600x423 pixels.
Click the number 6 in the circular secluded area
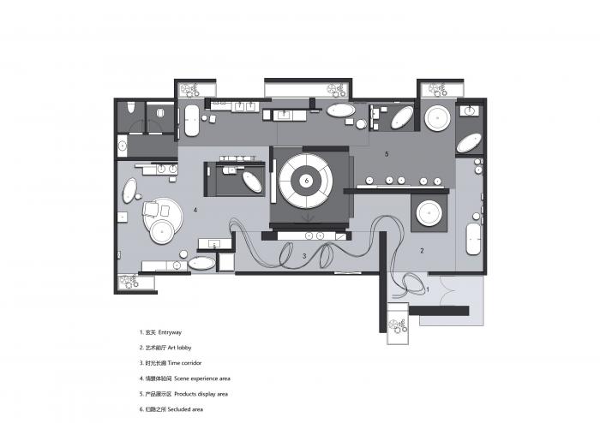(306, 181)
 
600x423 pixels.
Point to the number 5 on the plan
(387, 155)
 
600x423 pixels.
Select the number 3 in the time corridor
(303, 255)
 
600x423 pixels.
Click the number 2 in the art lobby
(422, 251)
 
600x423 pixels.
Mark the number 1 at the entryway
(428, 290)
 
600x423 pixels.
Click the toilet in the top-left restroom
(129, 111)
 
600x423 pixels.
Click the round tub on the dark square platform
(427, 211)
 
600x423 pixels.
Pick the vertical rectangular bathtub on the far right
(473, 241)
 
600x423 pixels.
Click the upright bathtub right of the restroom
(192, 122)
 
